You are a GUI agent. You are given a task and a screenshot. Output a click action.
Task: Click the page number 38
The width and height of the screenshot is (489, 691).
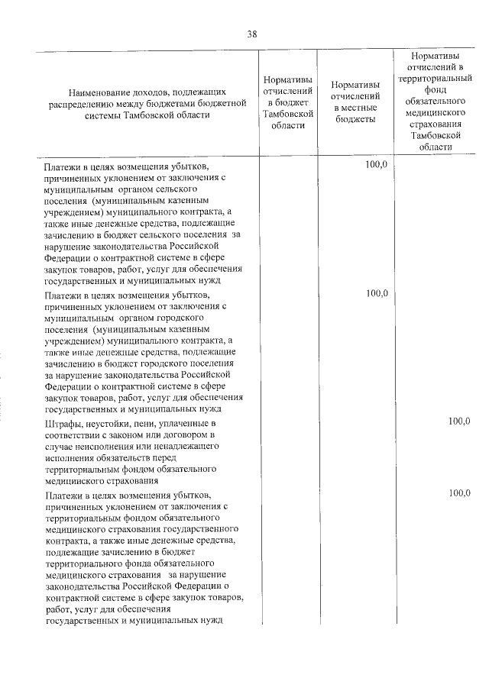(252, 33)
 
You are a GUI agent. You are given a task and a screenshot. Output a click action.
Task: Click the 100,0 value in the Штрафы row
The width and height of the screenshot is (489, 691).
(459, 421)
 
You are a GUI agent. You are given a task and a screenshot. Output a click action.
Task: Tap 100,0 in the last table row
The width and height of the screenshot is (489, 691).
(459, 493)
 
